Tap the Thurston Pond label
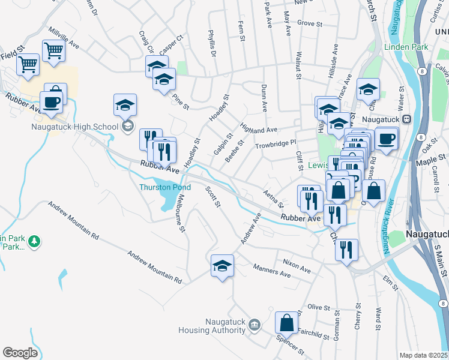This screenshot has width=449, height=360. point(164,187)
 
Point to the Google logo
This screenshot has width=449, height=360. point(20,352)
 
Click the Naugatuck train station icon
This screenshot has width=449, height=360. point(406,119)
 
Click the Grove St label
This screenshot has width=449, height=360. point(310,24)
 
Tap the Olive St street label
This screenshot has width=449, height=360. point(315,307)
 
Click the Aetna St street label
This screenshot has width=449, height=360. point(273,200)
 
